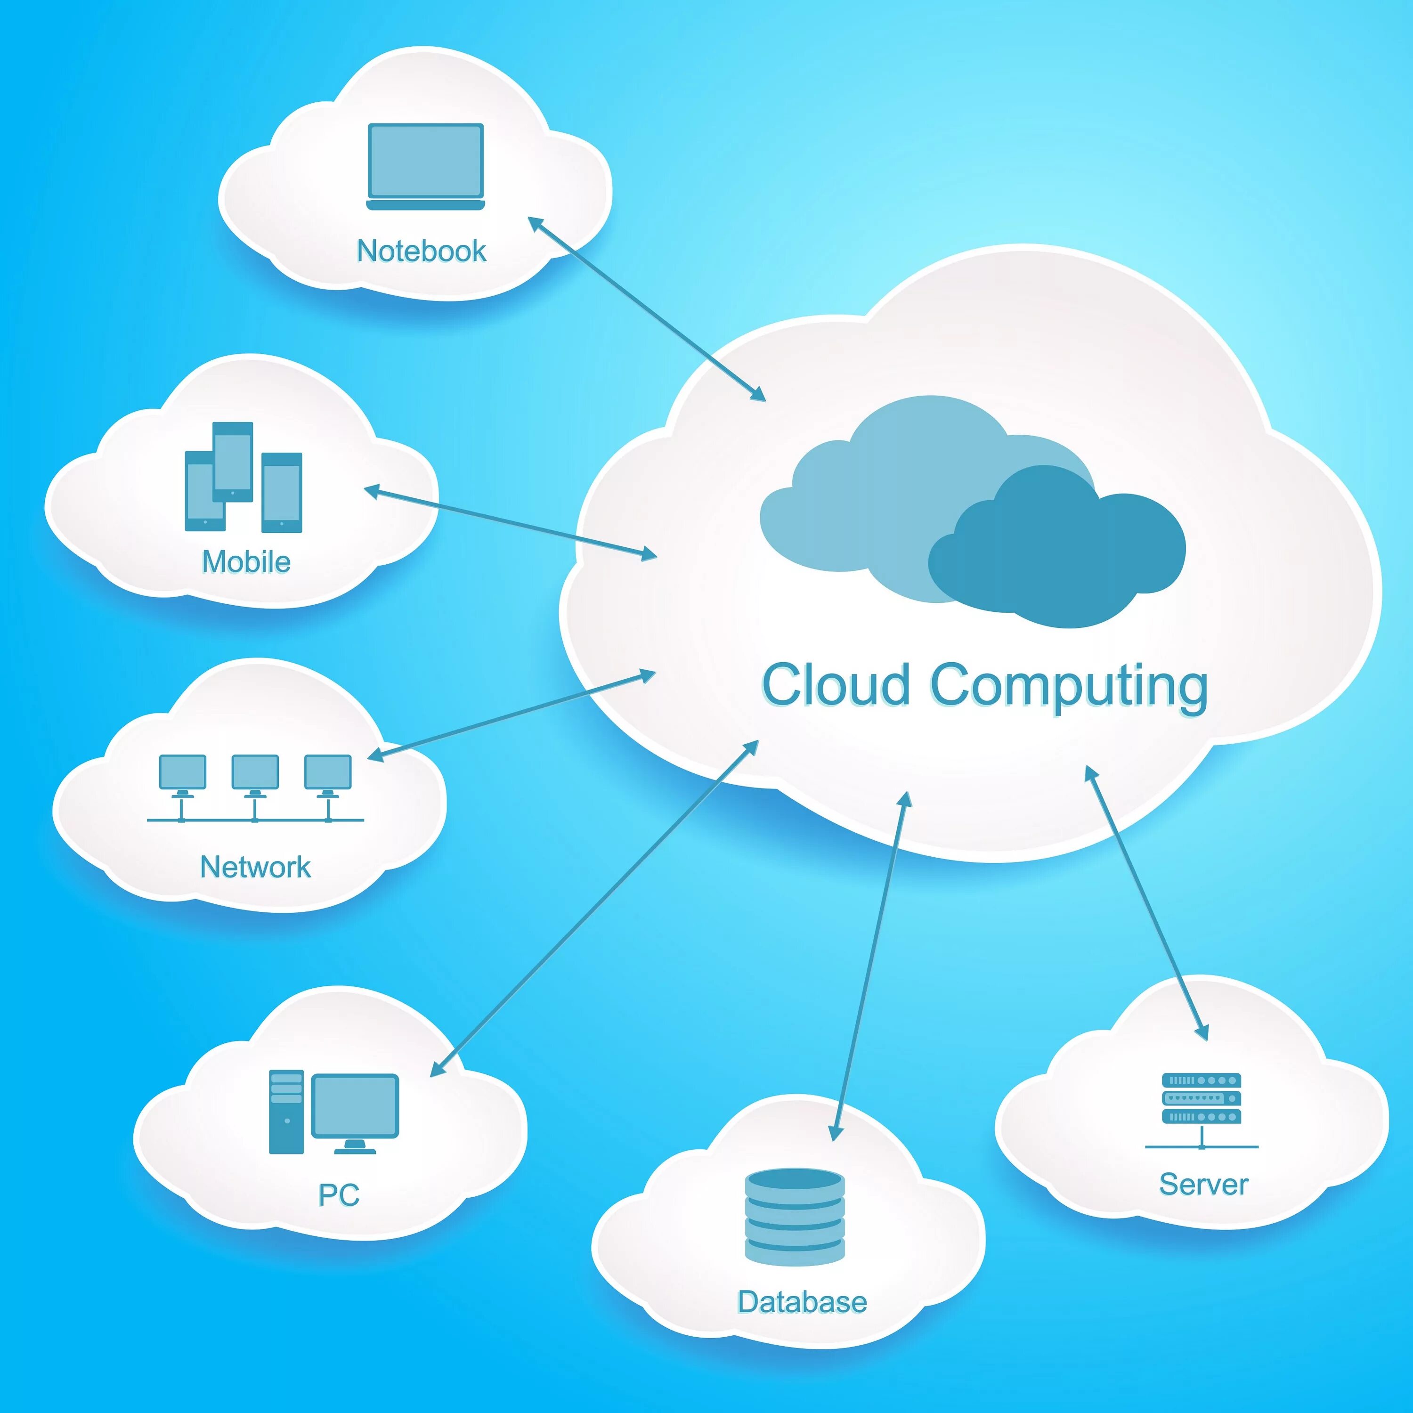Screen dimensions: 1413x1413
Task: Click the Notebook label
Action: [x=421, y=251]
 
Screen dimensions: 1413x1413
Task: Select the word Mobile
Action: [x=246, y=562]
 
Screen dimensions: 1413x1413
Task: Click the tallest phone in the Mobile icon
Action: [x=233, y=462]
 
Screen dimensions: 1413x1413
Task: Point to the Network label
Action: [x=255, y=867]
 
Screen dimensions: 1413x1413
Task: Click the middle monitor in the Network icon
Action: [x=254, y=771]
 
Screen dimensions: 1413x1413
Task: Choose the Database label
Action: [x=802, y=1302]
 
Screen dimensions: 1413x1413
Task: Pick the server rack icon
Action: [x=1202, y=1098]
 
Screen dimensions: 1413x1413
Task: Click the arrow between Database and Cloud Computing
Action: [x=870, y=966]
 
